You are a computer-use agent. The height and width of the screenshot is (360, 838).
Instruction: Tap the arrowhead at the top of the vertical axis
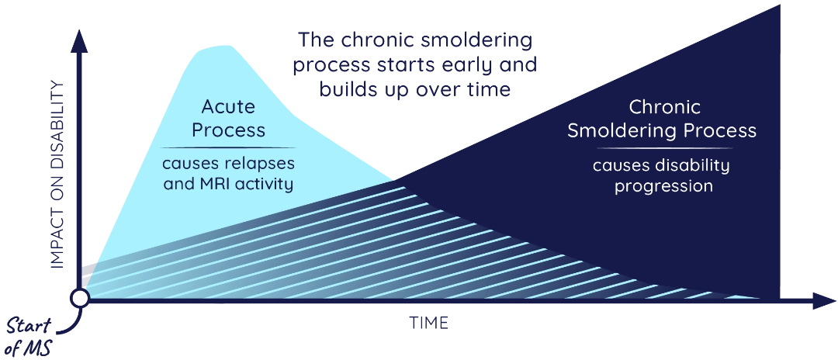pos(78,41)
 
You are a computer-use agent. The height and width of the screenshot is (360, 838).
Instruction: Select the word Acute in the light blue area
pos(228,106)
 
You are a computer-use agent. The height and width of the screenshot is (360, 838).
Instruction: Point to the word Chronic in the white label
pos(665,106)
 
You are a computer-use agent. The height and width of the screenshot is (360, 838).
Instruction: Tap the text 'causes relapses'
pos(228,164)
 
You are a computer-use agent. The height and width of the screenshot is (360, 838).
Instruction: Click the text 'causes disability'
pos(661,165)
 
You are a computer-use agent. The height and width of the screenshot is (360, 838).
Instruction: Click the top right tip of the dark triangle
pos(777,8)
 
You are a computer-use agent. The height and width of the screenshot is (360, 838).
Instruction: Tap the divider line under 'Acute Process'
pos(228,147)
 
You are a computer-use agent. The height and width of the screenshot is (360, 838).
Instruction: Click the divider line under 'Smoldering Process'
pos(661,147)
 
